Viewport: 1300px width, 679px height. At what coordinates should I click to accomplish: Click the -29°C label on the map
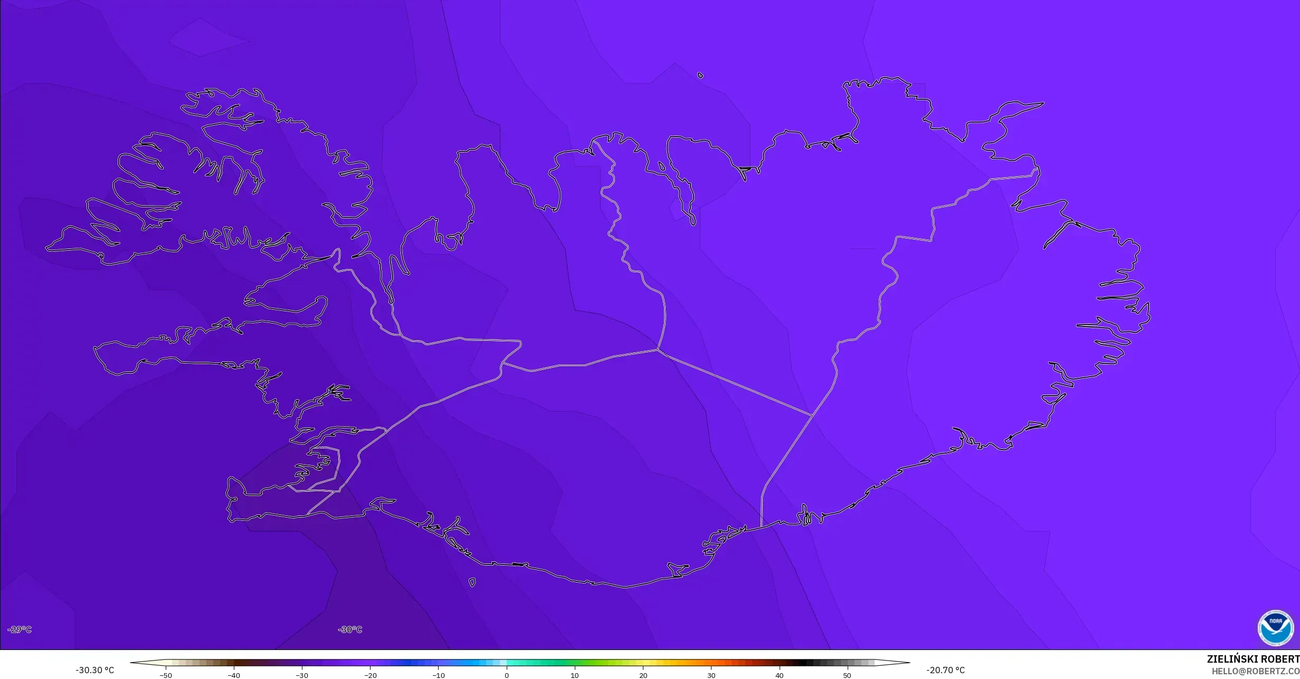coord(20,629)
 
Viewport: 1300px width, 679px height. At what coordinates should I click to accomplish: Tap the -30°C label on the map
coord(350,629)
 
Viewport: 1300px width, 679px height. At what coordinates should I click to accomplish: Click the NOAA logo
coord(1276,628)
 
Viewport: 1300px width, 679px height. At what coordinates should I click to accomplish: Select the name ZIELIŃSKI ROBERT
coord(1253,659)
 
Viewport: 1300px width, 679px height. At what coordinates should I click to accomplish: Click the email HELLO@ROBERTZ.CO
coord(1255,671)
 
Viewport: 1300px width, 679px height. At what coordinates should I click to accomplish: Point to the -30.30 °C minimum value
coord(94,671)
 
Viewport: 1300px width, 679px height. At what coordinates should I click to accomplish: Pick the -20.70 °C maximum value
coord(945,671)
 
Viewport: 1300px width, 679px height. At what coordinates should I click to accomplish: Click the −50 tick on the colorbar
coord(166,675)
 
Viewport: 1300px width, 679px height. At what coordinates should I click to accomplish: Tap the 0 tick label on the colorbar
coord(507,675)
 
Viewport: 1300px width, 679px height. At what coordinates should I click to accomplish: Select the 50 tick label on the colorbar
coord(847,675)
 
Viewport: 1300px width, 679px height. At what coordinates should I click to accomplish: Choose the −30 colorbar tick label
coord(301,675)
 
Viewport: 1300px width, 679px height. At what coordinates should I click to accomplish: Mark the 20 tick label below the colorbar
coord(643,675)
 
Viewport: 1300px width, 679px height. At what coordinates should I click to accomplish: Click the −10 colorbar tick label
coord(438,675)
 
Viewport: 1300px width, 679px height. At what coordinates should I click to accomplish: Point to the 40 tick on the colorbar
coord(779,675)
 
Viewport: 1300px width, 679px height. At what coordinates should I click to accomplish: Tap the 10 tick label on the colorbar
coord(575,675)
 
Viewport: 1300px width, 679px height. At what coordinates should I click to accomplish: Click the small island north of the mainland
coord(700,75)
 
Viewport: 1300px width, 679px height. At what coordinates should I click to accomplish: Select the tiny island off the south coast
coord(472,582)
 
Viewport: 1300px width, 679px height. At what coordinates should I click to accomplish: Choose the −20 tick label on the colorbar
coord(370,675)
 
